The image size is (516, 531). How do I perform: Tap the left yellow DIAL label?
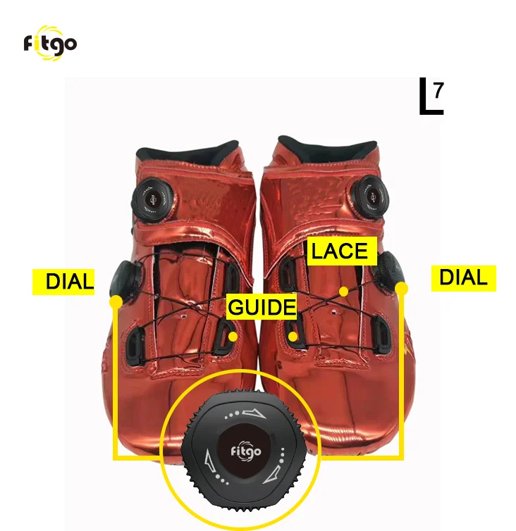64,282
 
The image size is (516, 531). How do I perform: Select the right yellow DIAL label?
463,277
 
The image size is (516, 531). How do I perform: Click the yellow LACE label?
340,251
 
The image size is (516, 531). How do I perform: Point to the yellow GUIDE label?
262,307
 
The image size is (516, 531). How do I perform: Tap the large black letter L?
428,99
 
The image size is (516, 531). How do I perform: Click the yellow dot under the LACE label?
343,291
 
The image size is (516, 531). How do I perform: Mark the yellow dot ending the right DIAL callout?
401,288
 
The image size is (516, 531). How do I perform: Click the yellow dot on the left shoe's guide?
233,336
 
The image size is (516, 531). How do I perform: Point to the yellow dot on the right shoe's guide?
293,336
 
